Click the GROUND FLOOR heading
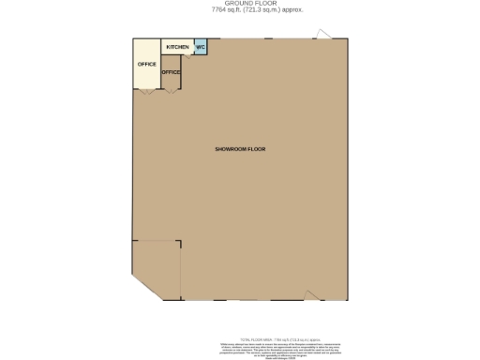coord(240,3)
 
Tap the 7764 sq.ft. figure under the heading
coord(210,10)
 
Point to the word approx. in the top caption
coord(275,10)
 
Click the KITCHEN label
coord(177,47)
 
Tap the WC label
coord(201,47)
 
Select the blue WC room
coord(201,48)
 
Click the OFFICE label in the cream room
coord(146,64)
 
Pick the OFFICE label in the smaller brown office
coord(171,72)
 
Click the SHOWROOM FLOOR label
coord(241,150)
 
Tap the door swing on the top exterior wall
coord(323,35)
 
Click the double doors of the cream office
coord(146,92)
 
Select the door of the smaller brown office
coord(171,91)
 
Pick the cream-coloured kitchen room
coord(176,48)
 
